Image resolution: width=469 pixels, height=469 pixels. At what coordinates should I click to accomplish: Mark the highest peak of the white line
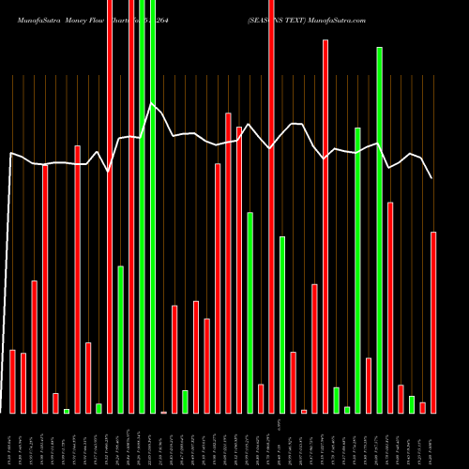tap(152, 103)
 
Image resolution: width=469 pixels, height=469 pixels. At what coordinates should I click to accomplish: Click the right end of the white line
tap(432, 178)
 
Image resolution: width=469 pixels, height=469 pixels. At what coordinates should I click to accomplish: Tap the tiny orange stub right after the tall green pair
tap(163, 412)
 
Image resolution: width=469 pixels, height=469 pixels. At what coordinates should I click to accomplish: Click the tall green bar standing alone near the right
tap(379, 230)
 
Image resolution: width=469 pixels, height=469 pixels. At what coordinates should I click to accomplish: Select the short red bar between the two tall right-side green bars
tap(369, 385)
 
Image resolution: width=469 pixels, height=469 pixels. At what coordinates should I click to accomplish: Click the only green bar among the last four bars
tap(412, 404)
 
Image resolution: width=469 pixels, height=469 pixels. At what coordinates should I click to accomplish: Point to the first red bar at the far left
tap(12, 381)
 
